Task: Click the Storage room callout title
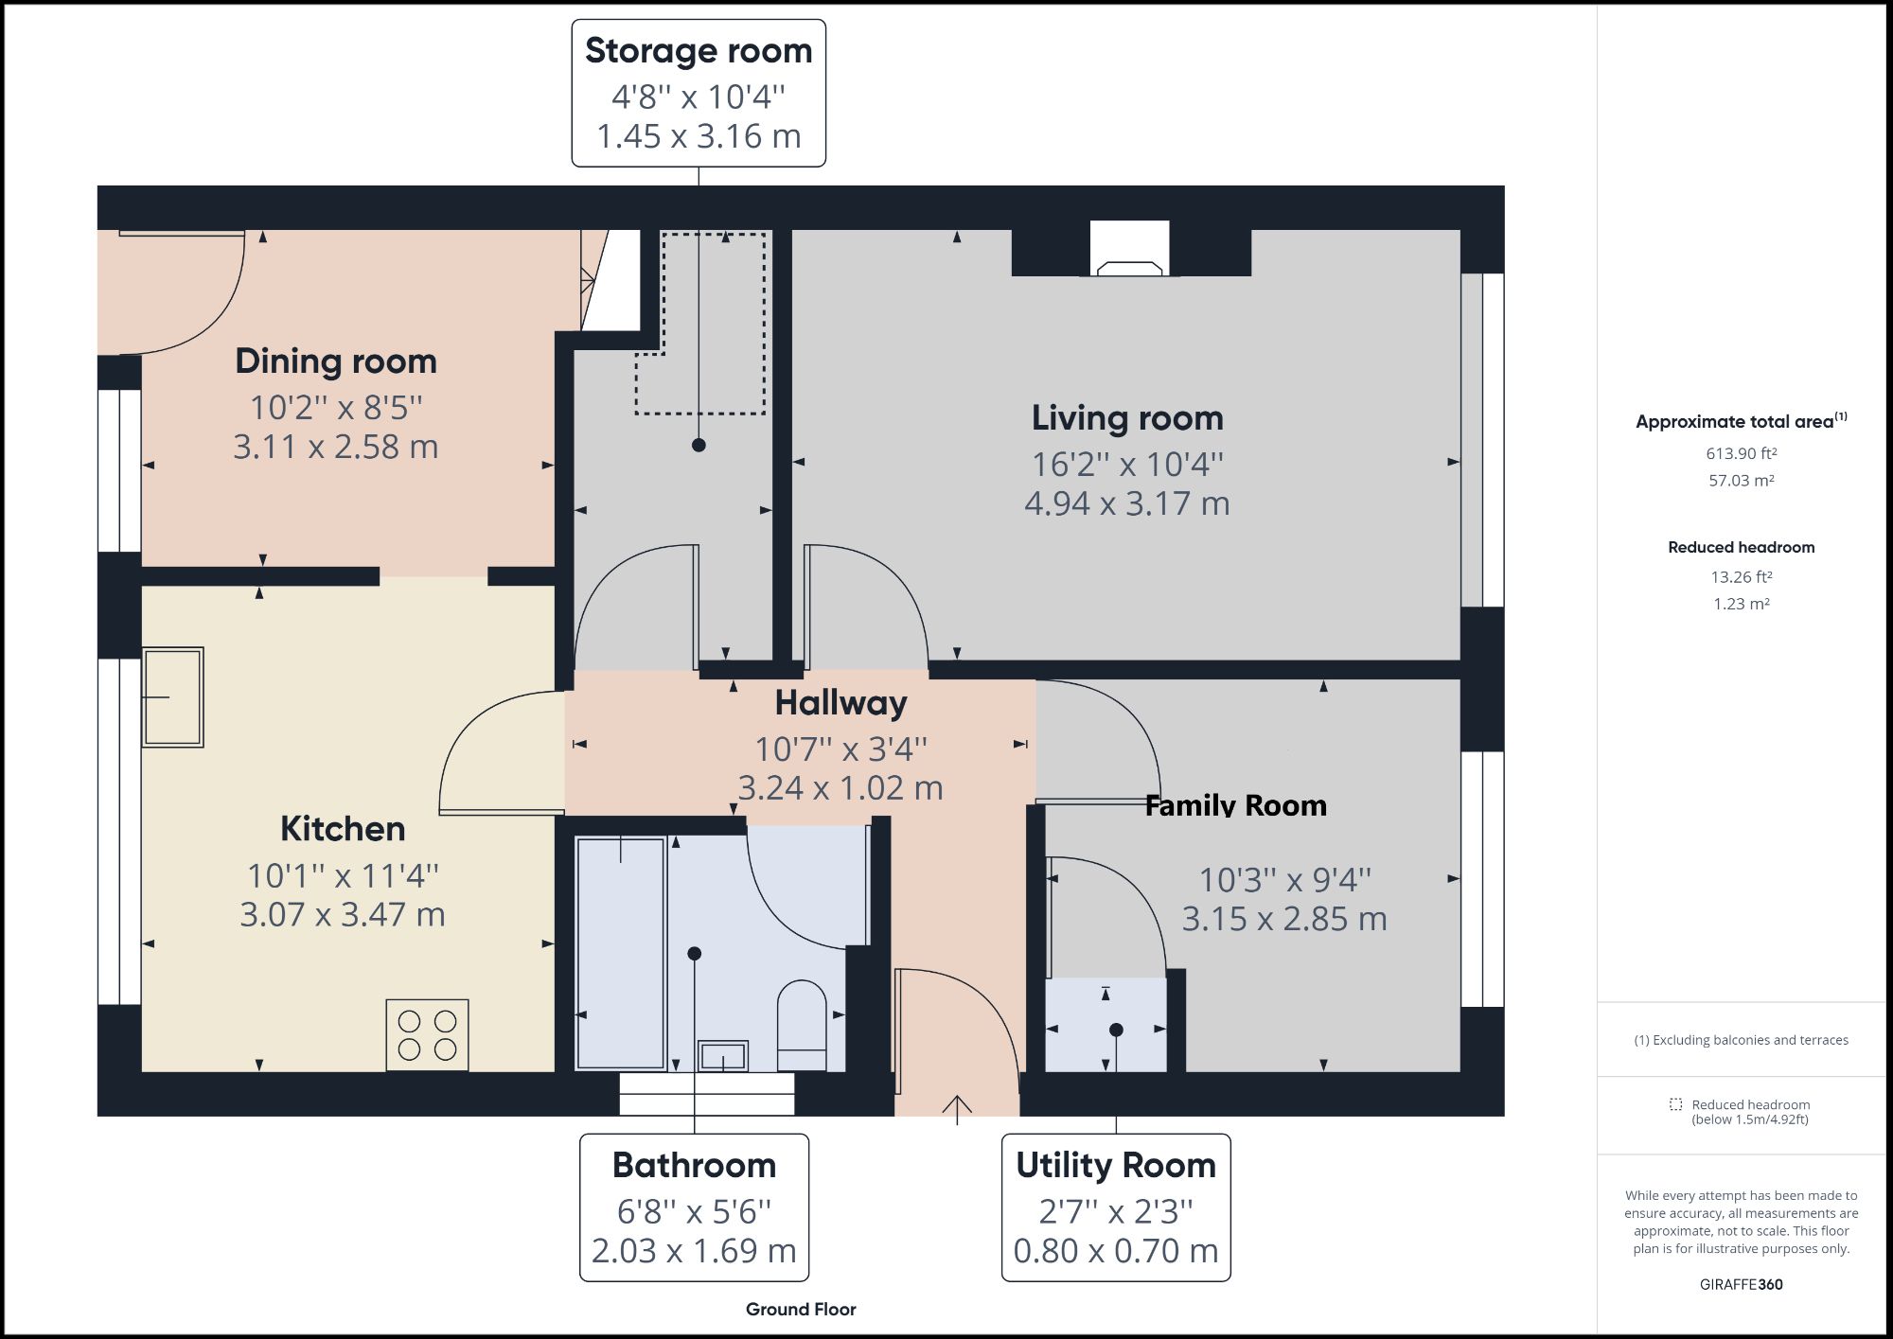pos(699,51)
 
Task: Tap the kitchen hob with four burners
pos(427,1035)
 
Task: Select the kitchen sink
pos(172,697)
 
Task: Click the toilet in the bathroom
pos(802,1026)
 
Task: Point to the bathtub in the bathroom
pos(621,953)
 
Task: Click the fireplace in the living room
pos(1129,249)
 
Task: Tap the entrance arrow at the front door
pos(957,1110)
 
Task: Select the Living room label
pos(1127,418)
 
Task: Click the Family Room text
pos(1235,805)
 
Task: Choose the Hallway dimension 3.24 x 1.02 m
pos(840,787)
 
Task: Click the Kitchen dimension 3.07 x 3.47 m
pos(343,914)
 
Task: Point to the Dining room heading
pos(336,361)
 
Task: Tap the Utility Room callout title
pos(1116,1165)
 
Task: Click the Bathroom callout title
pos(694,1165)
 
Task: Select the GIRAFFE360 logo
pos(1742,1284)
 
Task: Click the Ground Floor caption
pos(801,1310)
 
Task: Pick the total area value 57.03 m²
pos(1742,480)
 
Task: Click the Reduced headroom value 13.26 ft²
pos(1742,576)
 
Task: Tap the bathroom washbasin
pos(723,1055)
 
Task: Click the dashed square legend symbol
pos(1675,1104)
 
